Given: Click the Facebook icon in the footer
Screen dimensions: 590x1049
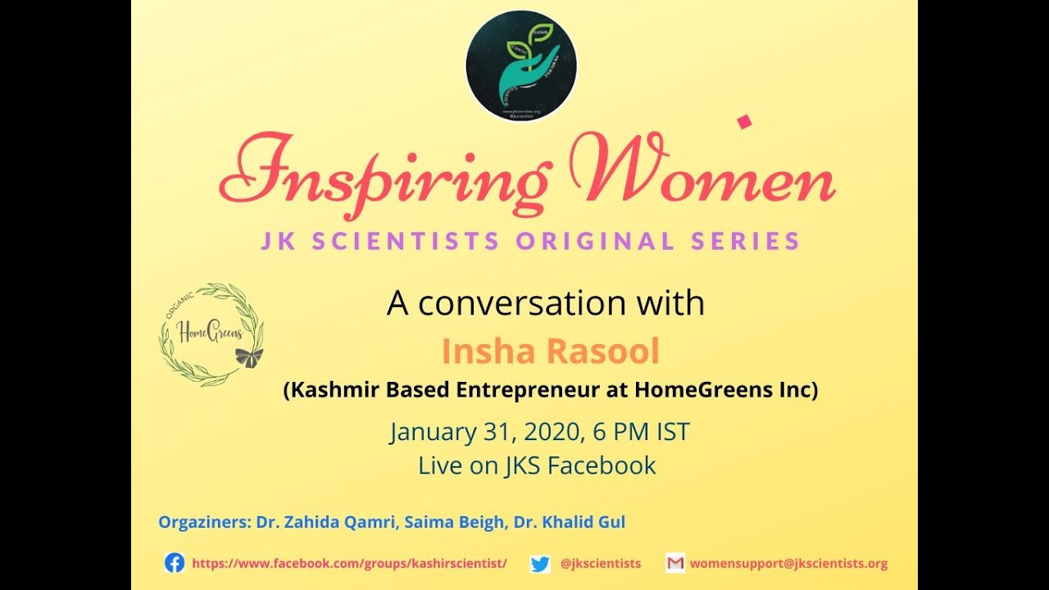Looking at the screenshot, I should (x=175, y=563).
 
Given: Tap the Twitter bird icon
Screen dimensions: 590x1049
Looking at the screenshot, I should (x=539, y=564).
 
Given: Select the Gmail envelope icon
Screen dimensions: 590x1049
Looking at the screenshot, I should (x=675, y=563).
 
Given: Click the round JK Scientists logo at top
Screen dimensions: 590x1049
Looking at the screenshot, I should (x=521, y=66).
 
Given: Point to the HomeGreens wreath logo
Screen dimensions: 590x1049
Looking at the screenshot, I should (x=211, y=334).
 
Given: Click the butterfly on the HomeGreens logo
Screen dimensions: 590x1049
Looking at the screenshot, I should (x=249, y=356).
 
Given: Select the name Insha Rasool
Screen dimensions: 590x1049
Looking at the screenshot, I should (x=550, y=352).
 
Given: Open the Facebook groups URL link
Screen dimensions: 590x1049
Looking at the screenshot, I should (x=349, y=564).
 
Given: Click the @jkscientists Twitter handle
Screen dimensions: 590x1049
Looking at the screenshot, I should (x=601, y=564).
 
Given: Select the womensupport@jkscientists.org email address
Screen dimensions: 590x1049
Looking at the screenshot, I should (x=788, y=564).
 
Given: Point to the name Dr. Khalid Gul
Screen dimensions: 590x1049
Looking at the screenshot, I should (x=570, y=522).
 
